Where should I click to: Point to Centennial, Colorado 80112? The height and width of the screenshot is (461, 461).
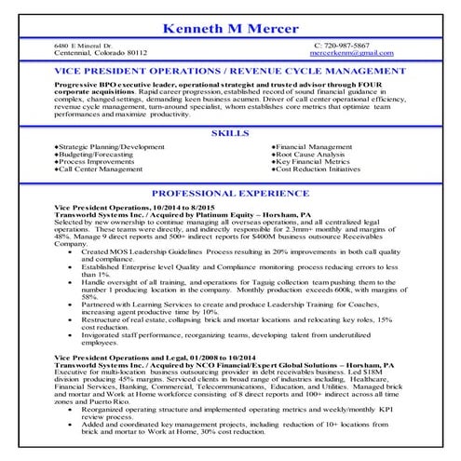[101, 53]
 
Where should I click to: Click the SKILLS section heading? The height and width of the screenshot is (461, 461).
[230, 134]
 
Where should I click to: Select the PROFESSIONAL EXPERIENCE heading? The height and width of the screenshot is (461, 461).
[230, 193]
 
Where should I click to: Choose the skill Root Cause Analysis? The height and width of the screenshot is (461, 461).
[313, 156]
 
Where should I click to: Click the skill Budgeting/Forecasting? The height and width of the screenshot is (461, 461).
[95, 156]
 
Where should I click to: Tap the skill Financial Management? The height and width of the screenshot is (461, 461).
[315, 148]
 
